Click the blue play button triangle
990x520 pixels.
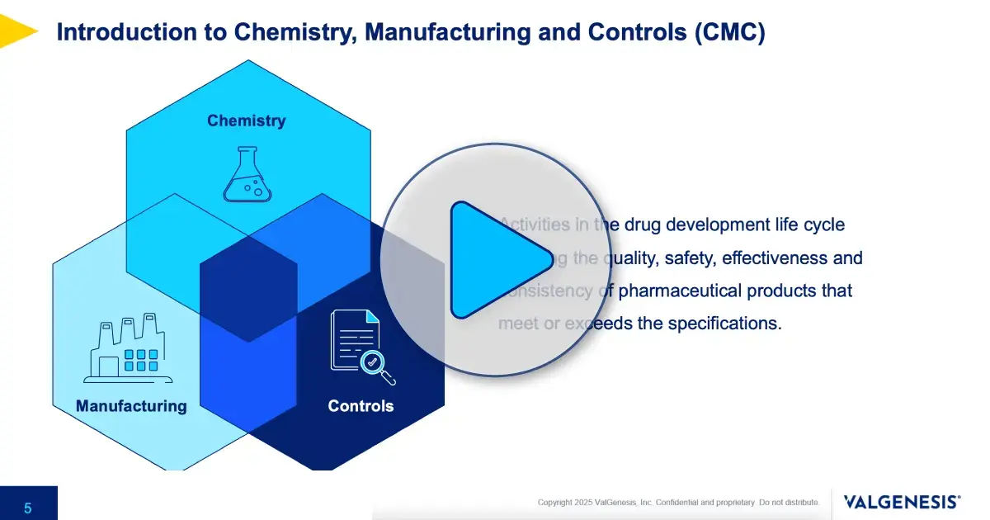point(495,259)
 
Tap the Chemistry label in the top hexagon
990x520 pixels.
point(246,121)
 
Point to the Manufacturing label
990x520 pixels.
point(131,406)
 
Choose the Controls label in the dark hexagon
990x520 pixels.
point(361,406)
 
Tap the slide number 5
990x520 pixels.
point(28,508)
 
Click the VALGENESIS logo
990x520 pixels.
point(902,502)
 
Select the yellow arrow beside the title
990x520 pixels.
point(16,31)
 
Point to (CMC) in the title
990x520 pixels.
point(729,33)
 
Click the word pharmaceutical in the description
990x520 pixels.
point(681,291)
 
